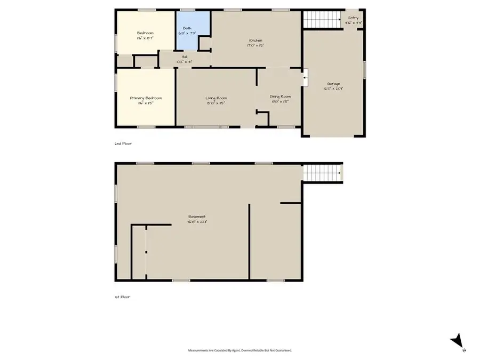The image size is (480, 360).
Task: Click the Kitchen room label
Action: pos(255,41)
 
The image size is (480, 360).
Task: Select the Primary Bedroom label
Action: pos(146,98)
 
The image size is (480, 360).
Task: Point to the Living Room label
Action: pos(217,98)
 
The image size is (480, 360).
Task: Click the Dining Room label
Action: pos(280,96)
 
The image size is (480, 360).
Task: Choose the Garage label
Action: pos(334,84)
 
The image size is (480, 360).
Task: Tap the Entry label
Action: pos(354,18)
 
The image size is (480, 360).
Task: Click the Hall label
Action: pos(184,57)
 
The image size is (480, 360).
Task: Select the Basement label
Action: pos(197,217)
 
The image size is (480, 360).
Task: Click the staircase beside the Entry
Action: pos(322,20)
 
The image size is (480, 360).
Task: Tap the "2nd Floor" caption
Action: pos(123,143)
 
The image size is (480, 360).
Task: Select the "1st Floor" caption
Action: pos(122,297)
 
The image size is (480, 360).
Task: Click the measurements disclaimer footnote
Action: pos(240,350)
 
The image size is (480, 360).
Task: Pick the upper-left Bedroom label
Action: pos(146,33)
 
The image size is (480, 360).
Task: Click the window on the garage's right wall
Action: pos(365,69)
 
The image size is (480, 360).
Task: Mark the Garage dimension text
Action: pos(334,89)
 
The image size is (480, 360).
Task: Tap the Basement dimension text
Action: pos(197,222)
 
